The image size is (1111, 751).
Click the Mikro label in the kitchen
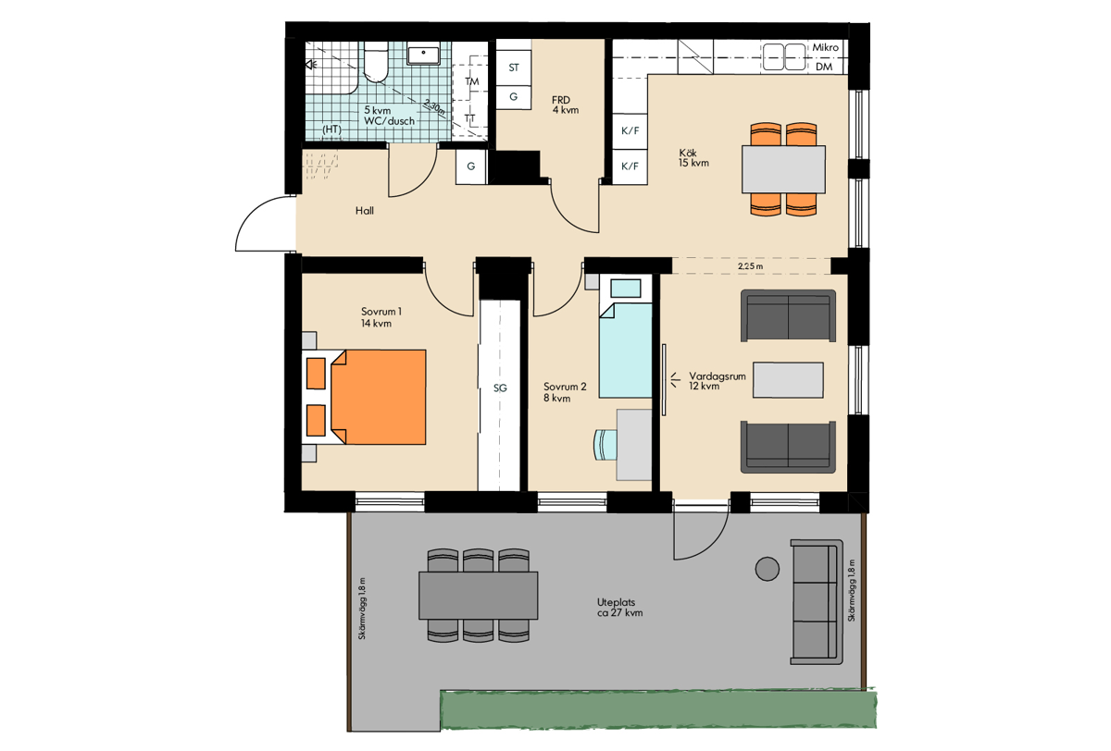[x=825, y=47]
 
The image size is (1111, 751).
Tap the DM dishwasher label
[x=824, y=67]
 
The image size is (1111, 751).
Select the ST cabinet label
[x=514, y=68]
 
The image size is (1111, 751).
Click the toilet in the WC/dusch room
[x=376, y=62]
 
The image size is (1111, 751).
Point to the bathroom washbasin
[x=423, y=55]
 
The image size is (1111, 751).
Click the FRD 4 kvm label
[x=565, y=105]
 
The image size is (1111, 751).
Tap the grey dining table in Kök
[x=783, y=169]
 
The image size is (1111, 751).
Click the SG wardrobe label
[x=500, y=388]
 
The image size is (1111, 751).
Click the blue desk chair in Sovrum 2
[x=605, y=444]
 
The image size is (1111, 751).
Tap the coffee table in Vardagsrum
[x=788, y=380]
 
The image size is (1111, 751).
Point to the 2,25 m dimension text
[x=751, y=266]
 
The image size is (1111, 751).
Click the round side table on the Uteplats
[x=768, y=569]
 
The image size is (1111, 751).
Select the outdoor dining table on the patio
[x=478, y=596]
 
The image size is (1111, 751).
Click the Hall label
[x=365, y=211]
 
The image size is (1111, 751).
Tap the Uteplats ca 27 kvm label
[x=620, y=608]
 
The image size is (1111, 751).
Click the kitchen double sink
[x=783, y=57]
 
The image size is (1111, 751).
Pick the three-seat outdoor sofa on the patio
[x=817, y=602]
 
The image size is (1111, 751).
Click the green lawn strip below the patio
[x=658, y=708]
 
